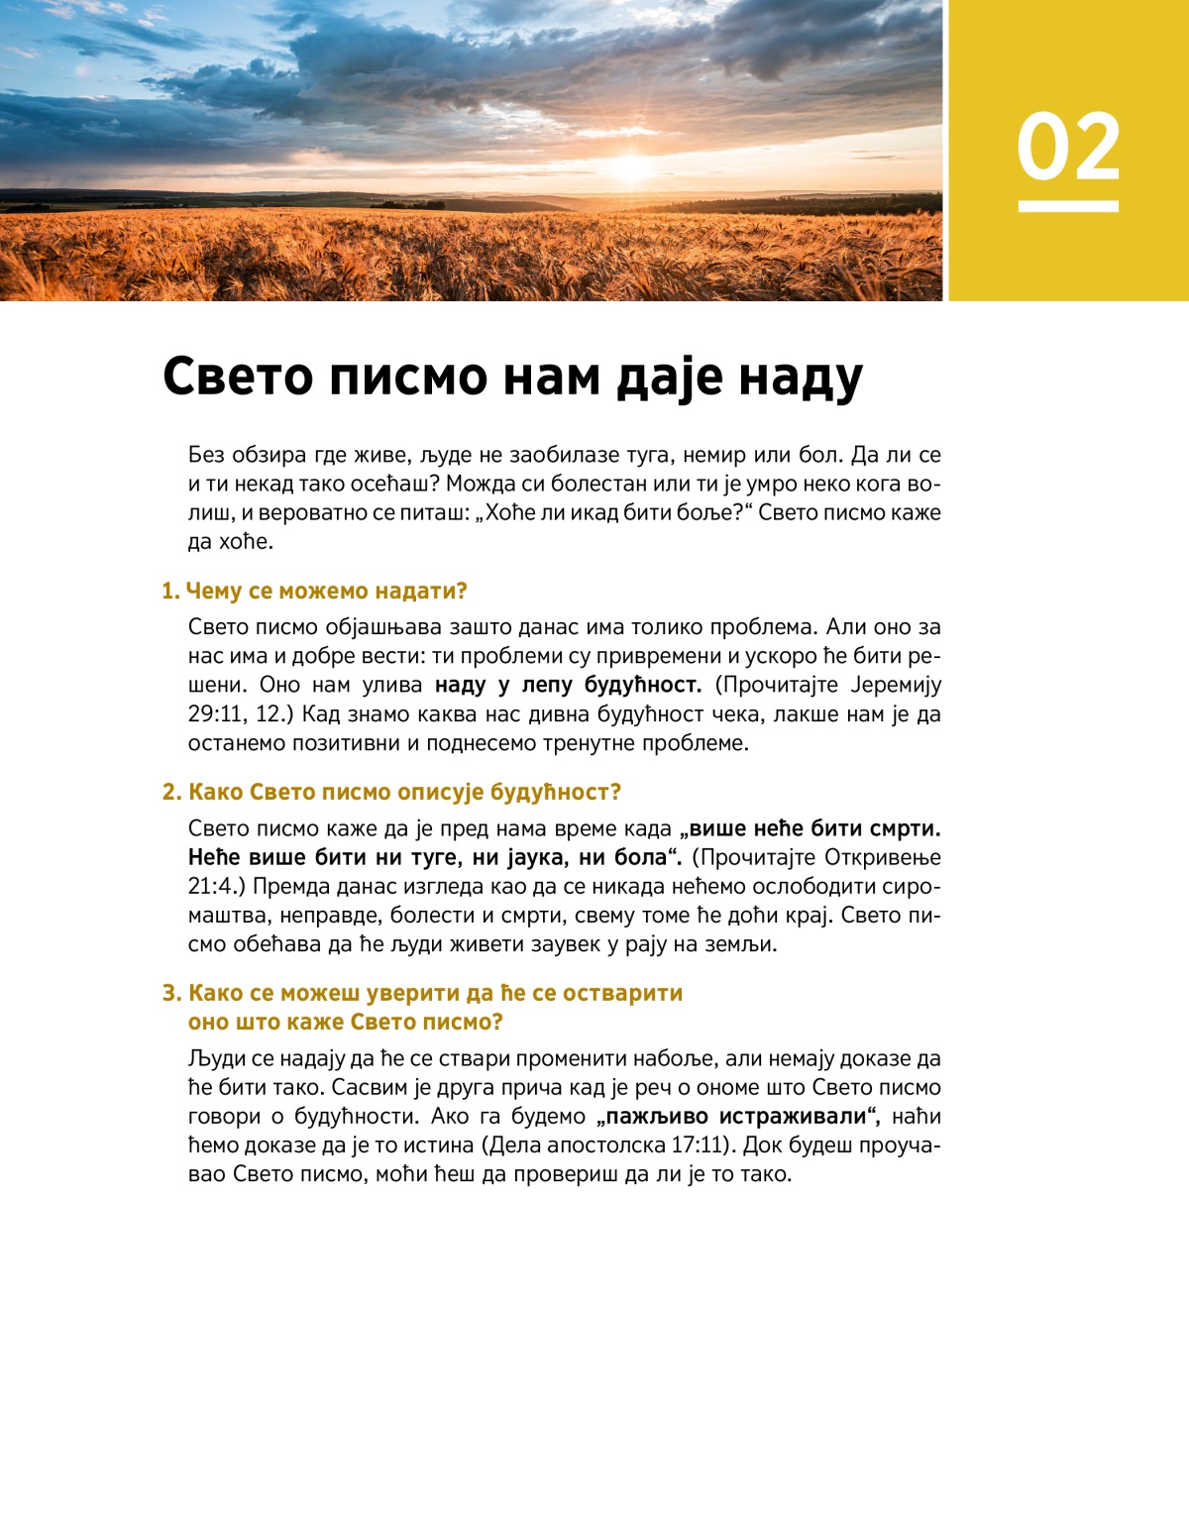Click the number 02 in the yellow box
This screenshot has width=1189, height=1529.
(x=1068, y=147)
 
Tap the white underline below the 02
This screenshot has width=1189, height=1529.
(x=1068, y=206)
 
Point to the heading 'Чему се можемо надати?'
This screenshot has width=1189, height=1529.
(x=326, y=591)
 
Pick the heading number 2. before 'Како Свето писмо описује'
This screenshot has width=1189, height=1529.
(x=172, y=792)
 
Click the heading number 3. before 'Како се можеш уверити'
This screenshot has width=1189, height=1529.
(x=172, y=993)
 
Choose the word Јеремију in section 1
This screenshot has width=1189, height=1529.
(x=896, y=685)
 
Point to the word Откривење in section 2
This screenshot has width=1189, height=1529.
(x=883, y=857)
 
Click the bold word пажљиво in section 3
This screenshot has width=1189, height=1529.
(x=656, y=1117)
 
